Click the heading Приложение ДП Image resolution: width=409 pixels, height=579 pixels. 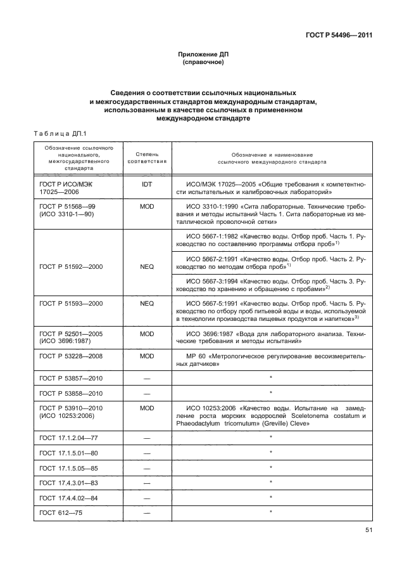click(x=204, y=55)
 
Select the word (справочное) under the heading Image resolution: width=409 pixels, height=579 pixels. click(x=204, y=63)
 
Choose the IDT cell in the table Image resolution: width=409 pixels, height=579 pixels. click(x=147, y=185)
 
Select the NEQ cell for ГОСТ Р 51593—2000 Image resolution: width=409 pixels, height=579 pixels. click(x=147, y=304)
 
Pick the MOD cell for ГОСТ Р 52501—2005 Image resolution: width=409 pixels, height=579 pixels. click(x=147, y=333)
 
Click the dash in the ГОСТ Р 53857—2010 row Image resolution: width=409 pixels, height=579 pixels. click(x=147, y=378)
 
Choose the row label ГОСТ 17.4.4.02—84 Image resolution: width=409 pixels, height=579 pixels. click(x=65, y=497)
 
